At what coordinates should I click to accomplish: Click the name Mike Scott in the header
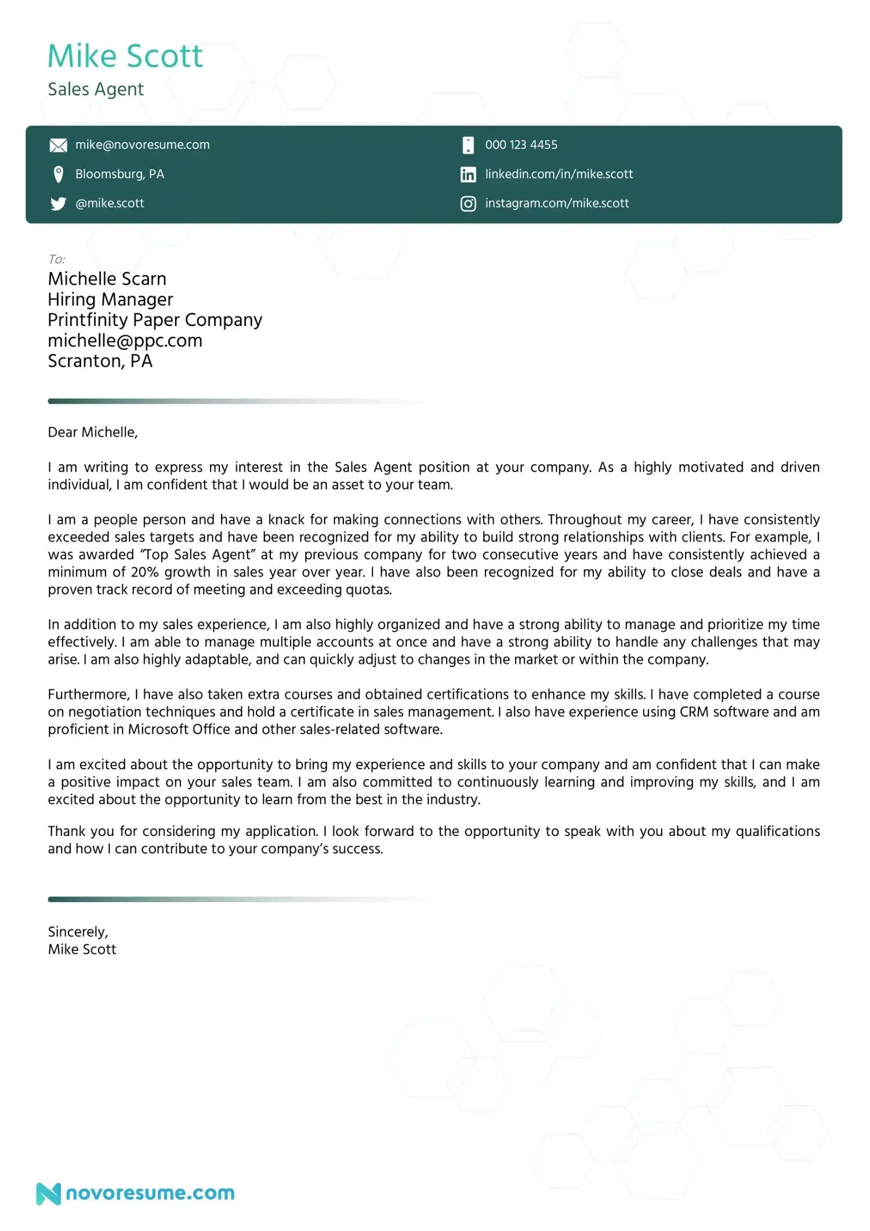[125, 56]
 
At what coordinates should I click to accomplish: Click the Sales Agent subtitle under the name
[96, 89]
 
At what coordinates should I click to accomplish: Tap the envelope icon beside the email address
[58, 145]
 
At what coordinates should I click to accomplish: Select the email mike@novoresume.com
[142, 145]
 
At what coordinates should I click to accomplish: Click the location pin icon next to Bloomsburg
[58, 174]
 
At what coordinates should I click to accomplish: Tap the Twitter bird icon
[58, 204]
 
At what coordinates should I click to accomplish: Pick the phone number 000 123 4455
[521, 145]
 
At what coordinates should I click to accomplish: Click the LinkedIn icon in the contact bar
[468, 175]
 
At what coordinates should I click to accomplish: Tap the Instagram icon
[468, 204]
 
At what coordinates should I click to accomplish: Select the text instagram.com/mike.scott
[557, 204]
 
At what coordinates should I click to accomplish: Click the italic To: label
[56, 259]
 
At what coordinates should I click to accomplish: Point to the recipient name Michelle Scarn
[107, 279]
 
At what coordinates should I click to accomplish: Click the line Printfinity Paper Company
[155, 320]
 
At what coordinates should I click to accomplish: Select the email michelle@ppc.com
[125, 341]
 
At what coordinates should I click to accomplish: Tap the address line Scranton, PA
[100, 361]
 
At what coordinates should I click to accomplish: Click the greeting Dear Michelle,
[93, 432]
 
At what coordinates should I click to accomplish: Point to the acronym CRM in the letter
[694, 712]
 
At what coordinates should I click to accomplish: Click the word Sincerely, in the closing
[78, 932]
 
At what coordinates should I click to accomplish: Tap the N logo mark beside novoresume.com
[48, 1193]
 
